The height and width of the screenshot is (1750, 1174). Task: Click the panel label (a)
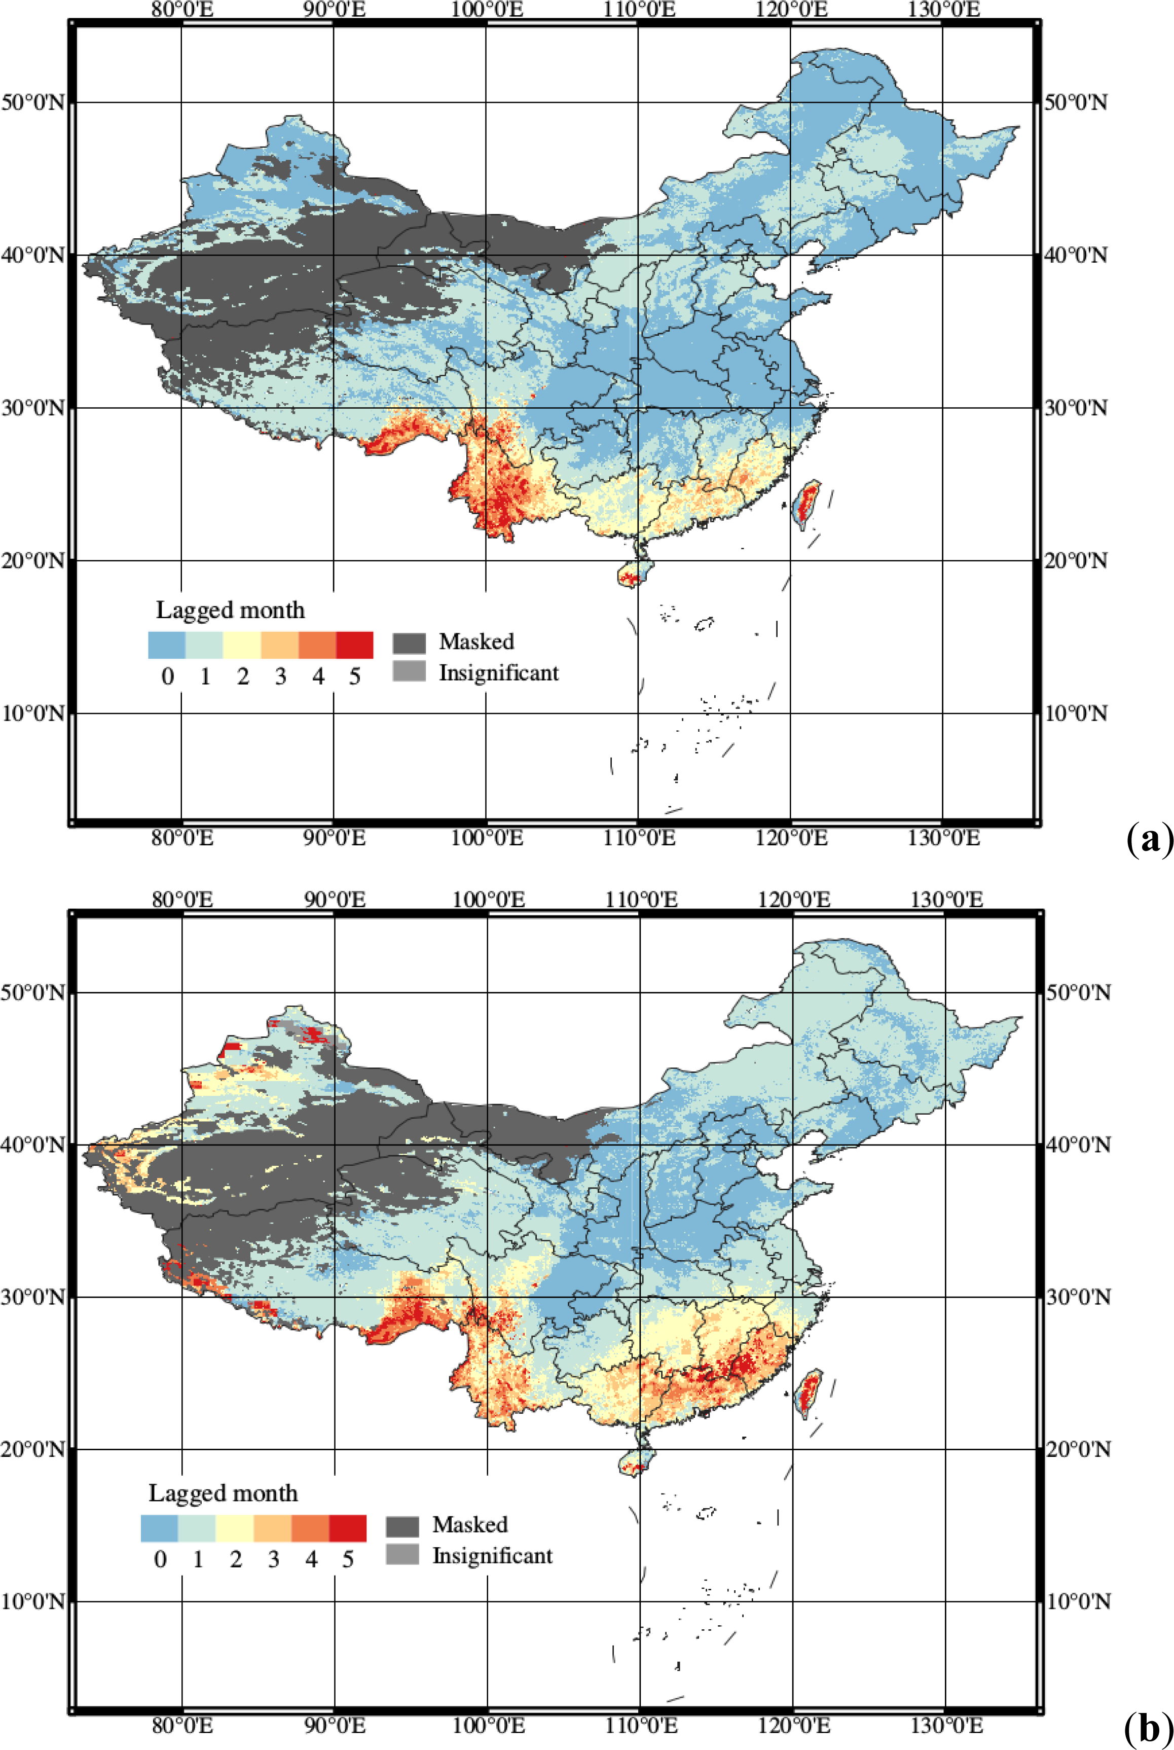pos(1148,839)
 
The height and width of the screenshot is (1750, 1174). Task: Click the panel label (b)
pos(1148,1728)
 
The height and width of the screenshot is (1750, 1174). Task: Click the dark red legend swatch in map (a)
pos(354,645)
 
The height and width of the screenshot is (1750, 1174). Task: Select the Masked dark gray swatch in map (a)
pos(409,642)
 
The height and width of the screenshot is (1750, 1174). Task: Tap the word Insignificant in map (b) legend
pos(492,1549)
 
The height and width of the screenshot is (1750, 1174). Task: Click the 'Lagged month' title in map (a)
pos(230,610)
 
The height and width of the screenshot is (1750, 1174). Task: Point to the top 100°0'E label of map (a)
pos(487,10)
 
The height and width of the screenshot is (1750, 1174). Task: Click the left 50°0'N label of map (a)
pos(33,102)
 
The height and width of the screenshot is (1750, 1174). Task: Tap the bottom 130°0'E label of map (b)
pos(946,1725)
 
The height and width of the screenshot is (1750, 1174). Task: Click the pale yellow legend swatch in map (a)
pos(242,645)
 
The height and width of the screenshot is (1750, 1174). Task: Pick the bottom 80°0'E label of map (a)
pos(182,838)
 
